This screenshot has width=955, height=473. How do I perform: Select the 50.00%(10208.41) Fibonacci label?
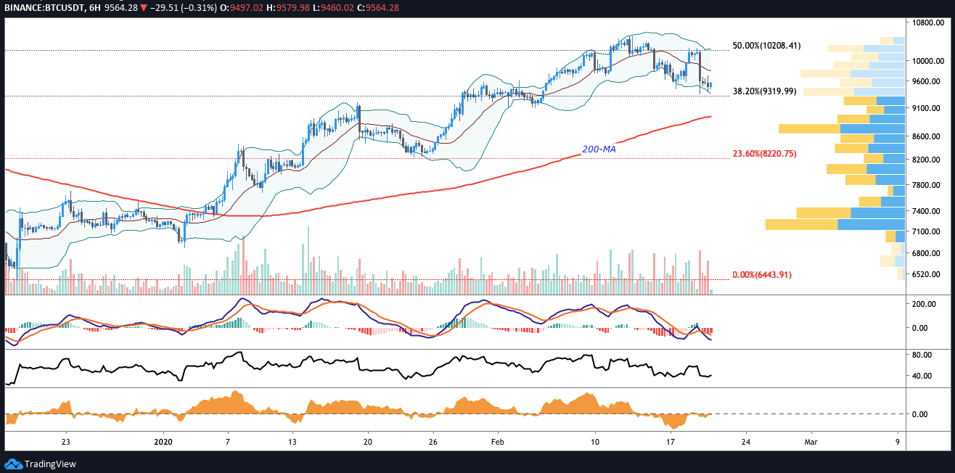766,46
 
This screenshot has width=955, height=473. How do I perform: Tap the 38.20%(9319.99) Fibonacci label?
764,91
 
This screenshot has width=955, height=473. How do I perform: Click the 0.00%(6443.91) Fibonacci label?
762,275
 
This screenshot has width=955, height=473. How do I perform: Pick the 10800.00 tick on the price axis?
928,23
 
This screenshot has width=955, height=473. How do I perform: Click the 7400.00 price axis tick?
926,211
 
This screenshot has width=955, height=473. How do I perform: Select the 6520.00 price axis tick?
926,274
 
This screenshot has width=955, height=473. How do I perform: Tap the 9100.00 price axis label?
926,108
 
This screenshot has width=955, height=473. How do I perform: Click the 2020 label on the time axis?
163,441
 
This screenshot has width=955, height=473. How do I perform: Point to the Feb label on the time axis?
497,441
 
